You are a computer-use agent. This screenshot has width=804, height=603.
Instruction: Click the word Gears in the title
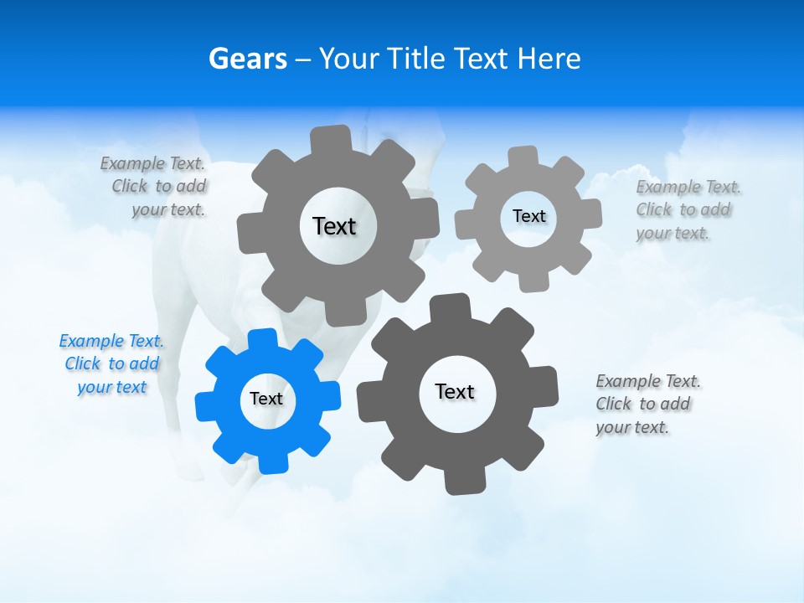[x=248, y=59]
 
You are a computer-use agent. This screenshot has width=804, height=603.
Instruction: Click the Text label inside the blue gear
[x=266, y=399]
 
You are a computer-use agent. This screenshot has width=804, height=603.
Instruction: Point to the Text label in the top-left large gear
[x=334, y=226]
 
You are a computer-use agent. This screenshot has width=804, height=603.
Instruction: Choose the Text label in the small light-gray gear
[x=528, y=216]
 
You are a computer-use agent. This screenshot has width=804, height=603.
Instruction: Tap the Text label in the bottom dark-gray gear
[x=455, y=391]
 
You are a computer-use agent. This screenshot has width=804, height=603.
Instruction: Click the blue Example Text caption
[x=111, y=364]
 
